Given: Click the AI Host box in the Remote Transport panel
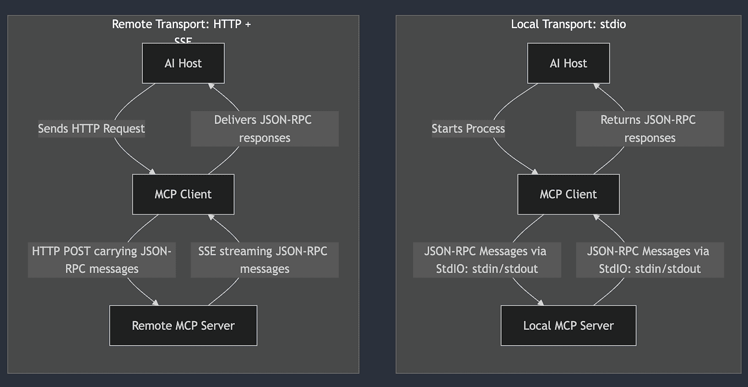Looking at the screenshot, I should coord(183,63).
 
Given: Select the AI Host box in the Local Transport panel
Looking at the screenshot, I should coord(568,63).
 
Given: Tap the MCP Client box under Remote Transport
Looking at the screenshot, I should coord(183,194).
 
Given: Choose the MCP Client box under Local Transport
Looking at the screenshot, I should coord(568,194).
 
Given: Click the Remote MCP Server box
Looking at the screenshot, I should coord(183,325).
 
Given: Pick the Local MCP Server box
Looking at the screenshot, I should coord(568,325).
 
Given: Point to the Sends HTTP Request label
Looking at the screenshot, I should coord(91,128).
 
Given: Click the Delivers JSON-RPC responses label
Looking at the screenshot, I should coord(264,128).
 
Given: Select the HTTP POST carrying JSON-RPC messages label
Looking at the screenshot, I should coord(102,260).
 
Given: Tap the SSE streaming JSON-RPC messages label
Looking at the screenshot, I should coord(264,260).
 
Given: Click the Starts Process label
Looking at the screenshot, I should coord(468,128).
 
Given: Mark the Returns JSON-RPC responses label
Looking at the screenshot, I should coord(649,128).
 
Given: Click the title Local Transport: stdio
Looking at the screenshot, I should coord(568,24).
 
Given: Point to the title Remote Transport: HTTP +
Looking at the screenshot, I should coord(181,24).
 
